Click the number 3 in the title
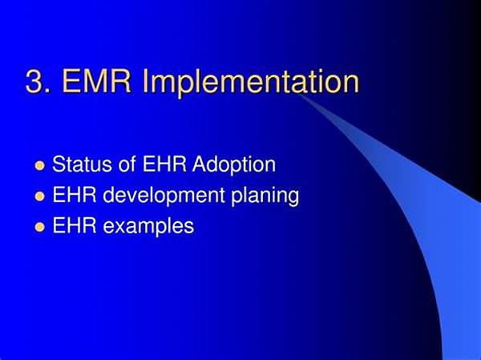[34, 82]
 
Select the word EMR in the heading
[97, 82]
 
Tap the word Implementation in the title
[251, 83]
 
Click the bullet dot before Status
[40, 166]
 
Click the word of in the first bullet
[127, 164]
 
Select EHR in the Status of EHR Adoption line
[164, 164]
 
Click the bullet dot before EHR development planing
[40, 196]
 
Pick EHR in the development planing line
[75, 195]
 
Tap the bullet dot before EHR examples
[40, 227]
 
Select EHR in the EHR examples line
[75, 225]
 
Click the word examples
[148, 227]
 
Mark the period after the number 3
[47, 91]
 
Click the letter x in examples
[121, 228]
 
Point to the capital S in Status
[59, 164]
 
